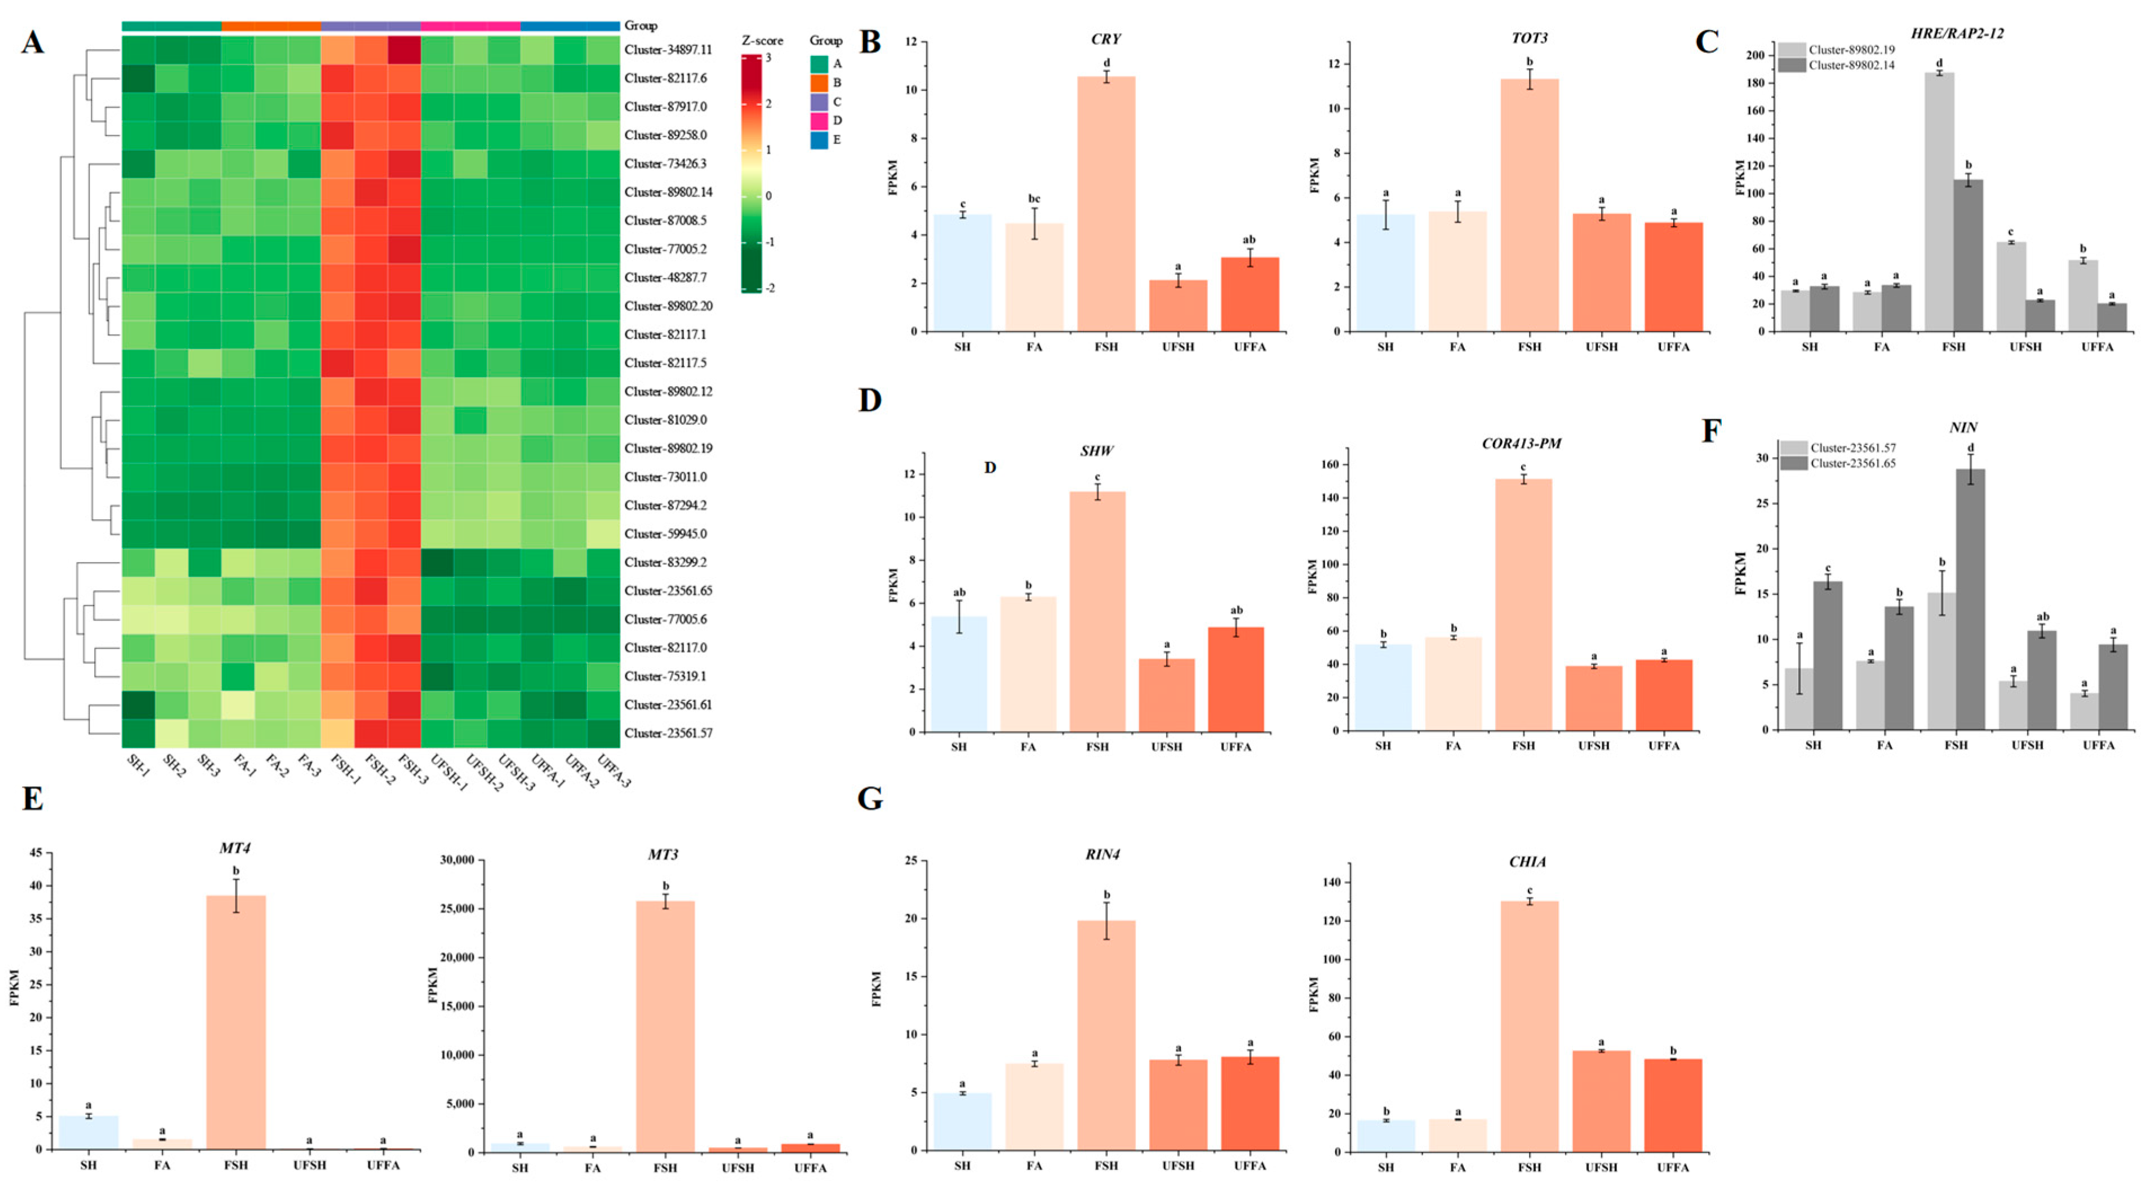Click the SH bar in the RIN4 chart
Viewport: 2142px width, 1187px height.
[962, 1122]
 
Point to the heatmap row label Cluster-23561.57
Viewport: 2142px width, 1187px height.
[668, 733]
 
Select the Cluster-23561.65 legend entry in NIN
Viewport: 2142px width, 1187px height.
[1852, 463]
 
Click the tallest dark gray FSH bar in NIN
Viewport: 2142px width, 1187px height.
[1970, 599]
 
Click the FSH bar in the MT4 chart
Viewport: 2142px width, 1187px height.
[236, 1022]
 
